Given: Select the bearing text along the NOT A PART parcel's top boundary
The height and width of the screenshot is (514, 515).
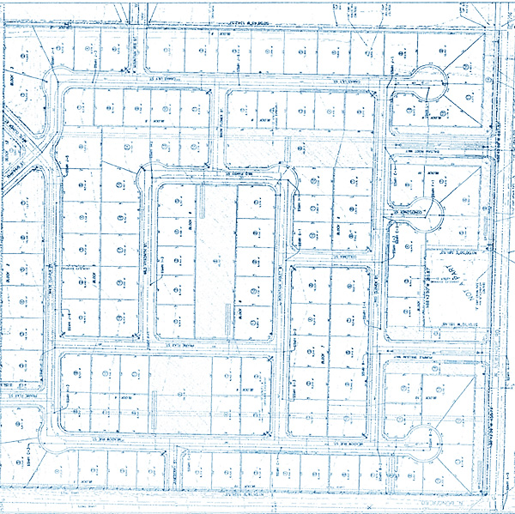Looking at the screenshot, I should tap(455, 251).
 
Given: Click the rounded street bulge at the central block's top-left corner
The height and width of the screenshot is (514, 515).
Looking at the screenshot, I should tap(148, 177).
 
